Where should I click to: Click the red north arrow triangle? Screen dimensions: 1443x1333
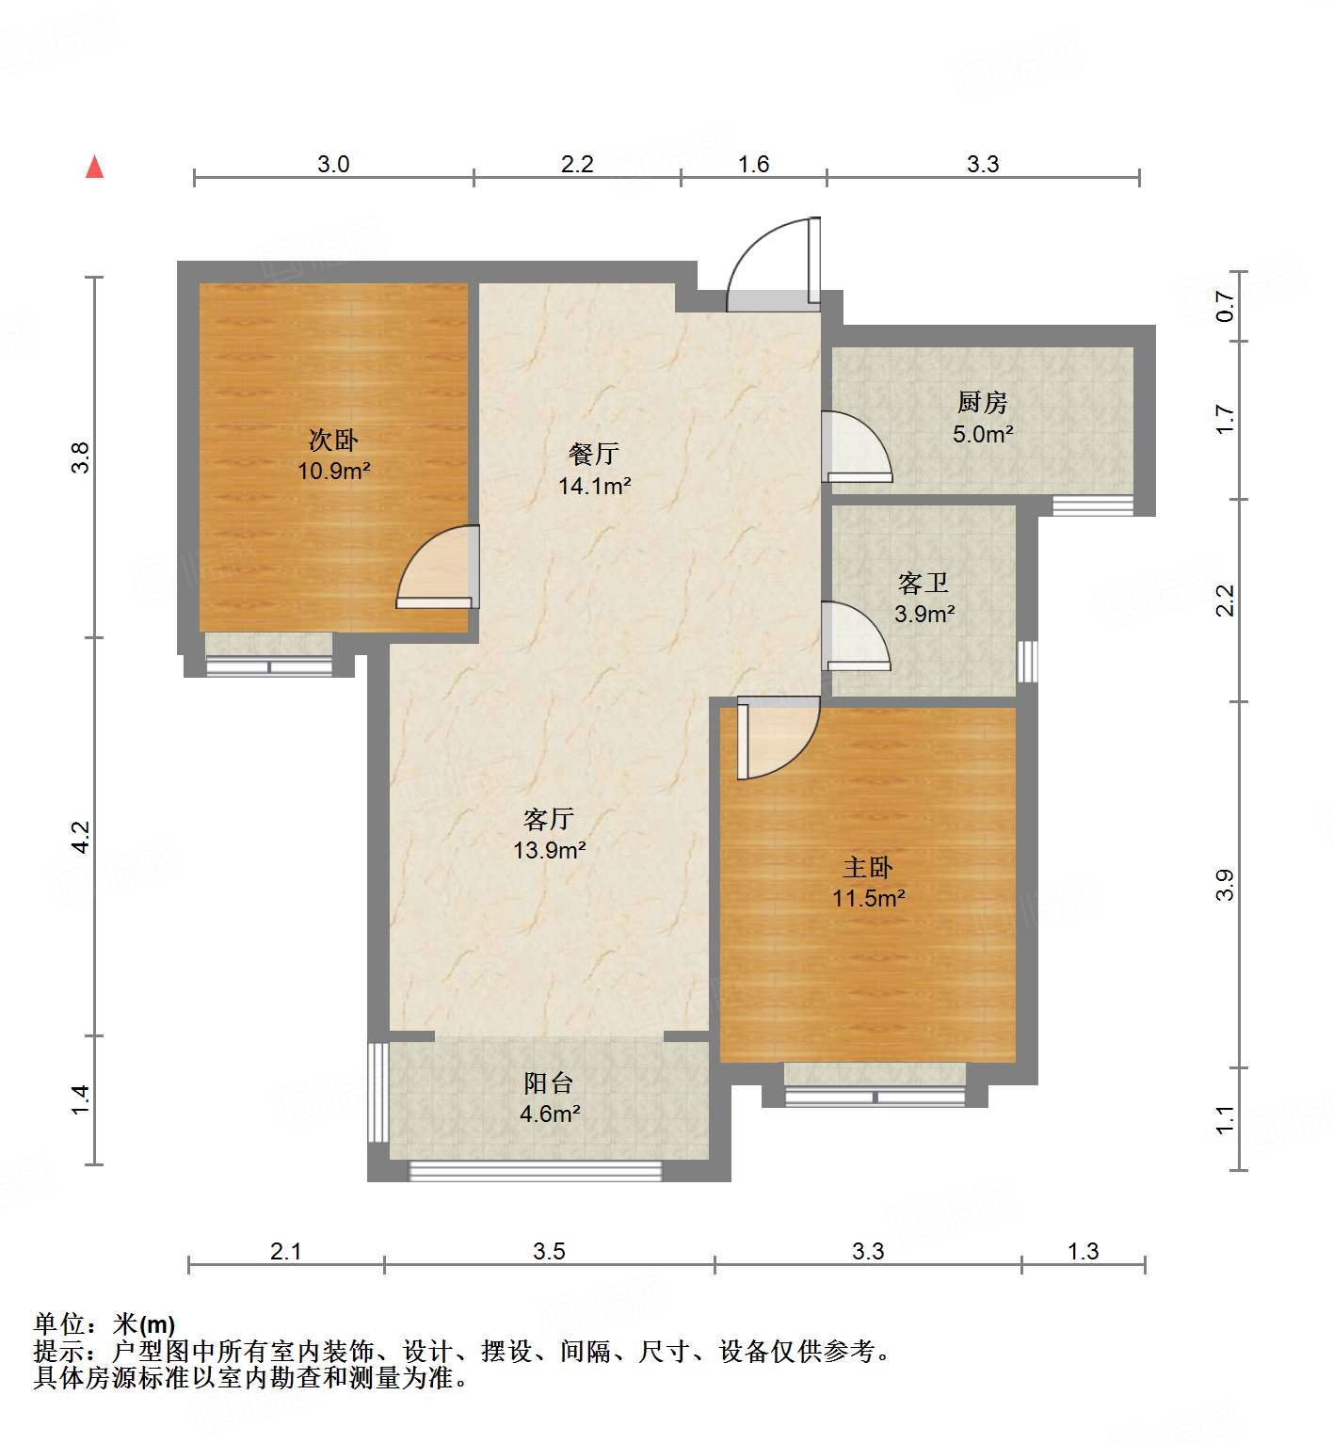(94, 168)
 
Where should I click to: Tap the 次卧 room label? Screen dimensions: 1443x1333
(333, 440)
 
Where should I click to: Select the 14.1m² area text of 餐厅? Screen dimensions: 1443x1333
(594, 487)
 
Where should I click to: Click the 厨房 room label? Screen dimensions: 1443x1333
(982, 403)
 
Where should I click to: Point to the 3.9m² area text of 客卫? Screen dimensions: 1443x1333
(924, 615)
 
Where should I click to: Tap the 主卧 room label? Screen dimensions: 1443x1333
(867, 867)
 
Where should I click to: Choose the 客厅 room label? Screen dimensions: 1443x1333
(549, 819)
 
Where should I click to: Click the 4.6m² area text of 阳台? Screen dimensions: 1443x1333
(550, 1114)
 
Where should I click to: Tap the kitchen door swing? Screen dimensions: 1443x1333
(857, 448)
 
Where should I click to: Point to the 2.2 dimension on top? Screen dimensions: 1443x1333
(577, 165)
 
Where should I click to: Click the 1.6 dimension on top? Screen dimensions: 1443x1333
(753, 165)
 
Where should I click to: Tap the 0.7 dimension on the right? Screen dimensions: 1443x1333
(1225, 306)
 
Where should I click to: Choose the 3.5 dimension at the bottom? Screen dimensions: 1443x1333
(549, 1251)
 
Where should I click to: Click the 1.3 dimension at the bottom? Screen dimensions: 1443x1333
(1083, 1251)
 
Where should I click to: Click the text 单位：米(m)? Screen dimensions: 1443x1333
(104, 1324)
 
